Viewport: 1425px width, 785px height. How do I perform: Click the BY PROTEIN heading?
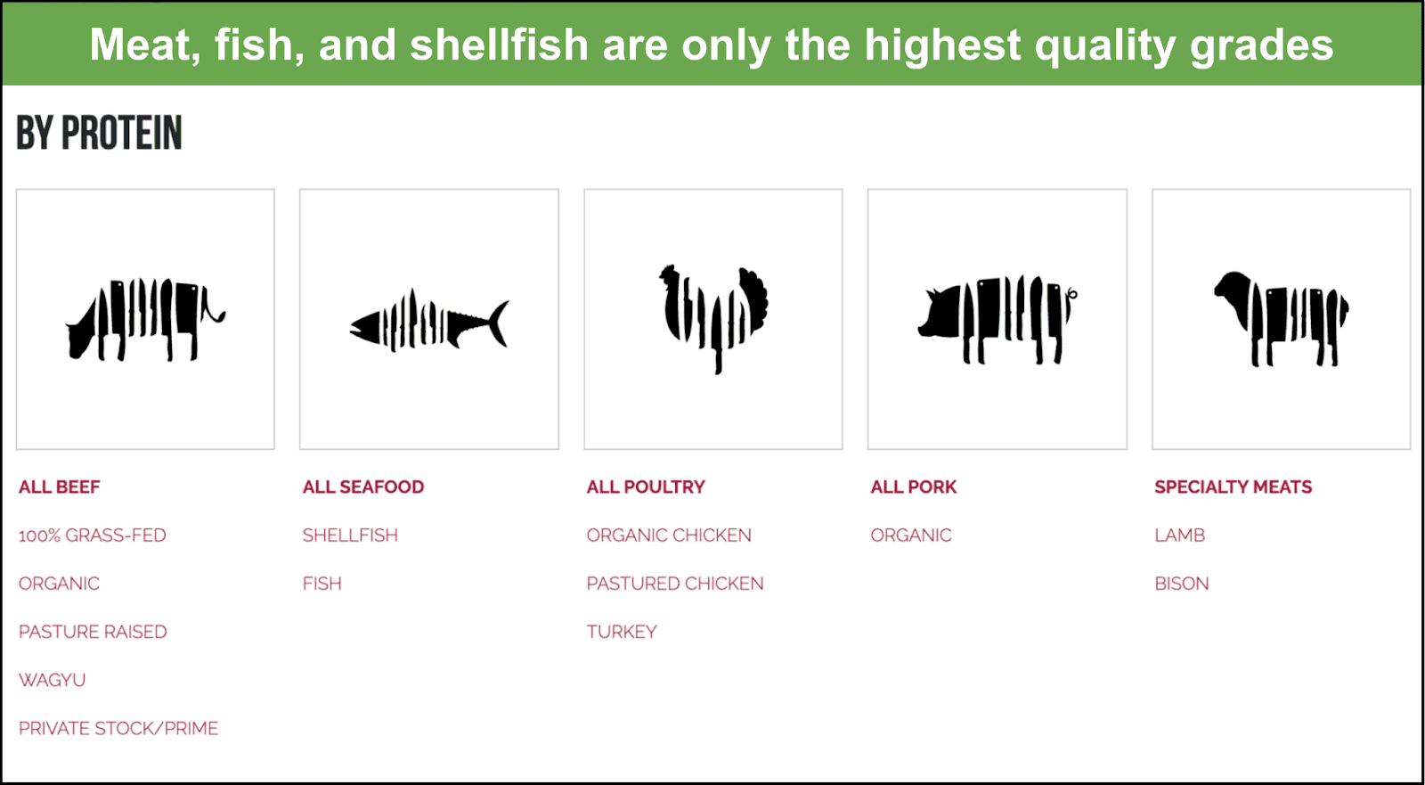pos(99,133)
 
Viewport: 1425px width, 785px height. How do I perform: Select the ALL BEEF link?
pos(59,487)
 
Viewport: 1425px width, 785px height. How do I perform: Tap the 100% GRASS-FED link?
pos(93,536)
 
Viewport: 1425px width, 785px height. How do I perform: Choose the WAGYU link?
pos(53,680)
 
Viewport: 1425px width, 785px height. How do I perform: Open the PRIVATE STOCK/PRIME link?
pos(118,728)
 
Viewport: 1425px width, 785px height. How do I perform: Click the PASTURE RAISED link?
pos(93,632)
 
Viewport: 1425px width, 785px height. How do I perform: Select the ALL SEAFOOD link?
pos(363,487)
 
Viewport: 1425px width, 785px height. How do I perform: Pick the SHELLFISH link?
pos(350,536)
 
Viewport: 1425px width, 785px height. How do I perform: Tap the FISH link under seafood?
pos(322,584)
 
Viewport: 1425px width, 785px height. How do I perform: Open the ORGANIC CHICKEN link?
pos(669,536)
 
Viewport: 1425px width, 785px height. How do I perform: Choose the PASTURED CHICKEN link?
pos(675,584)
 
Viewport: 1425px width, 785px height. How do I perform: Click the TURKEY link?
pos(622,632)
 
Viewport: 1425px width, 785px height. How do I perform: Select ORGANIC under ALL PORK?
pos(911,536)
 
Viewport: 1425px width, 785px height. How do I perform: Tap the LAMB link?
pos(1180,536)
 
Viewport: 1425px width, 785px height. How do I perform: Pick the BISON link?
pos(1182,584)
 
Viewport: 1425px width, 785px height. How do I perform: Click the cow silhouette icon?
pos(146,319)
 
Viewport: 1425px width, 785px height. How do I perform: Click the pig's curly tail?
pos(1071,293)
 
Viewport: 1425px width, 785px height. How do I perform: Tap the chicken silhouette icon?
pos(713,318)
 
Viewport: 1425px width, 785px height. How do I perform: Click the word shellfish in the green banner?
pos(500,45)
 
